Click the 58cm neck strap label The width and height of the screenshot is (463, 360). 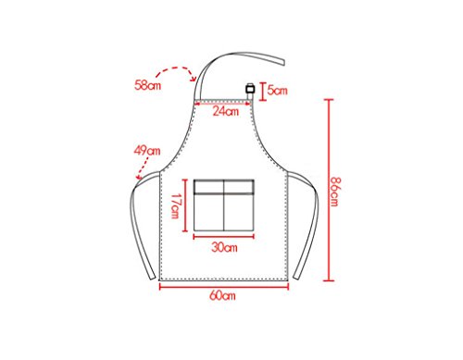pyautogui.click(x=147, y=85)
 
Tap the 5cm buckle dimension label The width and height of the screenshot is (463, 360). pyautogui.click(x=277, y=91)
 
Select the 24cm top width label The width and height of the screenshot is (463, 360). pyautogui.click(x=226, y=111)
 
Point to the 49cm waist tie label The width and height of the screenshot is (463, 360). pyautogui.click(x=147, y=151)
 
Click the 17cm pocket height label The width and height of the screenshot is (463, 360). pyautogui.click(x=175, y=205)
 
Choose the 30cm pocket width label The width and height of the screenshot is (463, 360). pyautogui.click(x=224, y=247)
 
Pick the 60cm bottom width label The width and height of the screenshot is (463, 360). pyautogui.click(x=222, y=295)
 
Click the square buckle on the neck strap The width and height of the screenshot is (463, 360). pyautogui.click(x=250, y=89)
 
